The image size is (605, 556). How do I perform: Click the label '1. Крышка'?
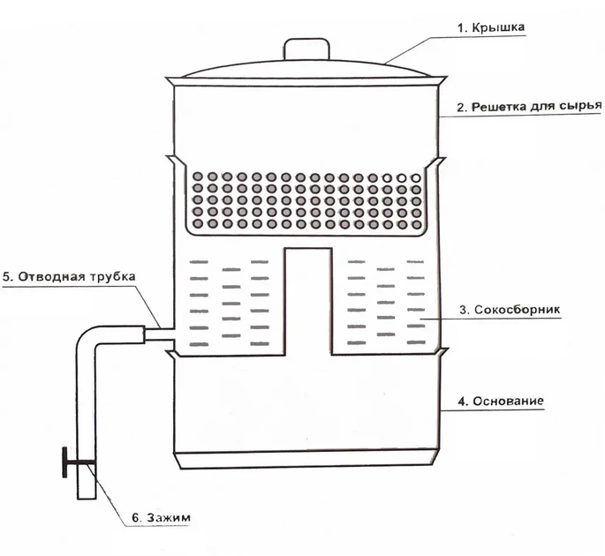point(490,27)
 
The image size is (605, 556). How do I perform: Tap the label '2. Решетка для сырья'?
point(529,107)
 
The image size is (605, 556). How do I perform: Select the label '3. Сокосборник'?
point(510,310)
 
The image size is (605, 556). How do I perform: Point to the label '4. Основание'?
point(501,401)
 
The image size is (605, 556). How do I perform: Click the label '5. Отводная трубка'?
point(69,277)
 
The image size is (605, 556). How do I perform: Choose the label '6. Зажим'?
point(162,517)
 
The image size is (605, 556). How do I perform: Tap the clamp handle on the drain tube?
point(64,462)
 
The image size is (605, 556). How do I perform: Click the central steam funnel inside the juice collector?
point(308,301)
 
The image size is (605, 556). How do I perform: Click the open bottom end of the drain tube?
point(87,498)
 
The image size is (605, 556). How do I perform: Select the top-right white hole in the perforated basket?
point(416,178)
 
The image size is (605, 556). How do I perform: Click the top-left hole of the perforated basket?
point(198,177)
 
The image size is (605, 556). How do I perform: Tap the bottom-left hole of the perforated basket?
point(198,223)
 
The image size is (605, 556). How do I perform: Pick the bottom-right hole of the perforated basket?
point(416,224)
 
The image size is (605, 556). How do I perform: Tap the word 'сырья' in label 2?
point(583,106)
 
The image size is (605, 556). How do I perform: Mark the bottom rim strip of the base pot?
point(306,459)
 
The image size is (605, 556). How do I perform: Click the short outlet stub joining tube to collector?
point(159,334)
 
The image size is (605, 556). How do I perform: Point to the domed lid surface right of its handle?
point(380,67)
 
